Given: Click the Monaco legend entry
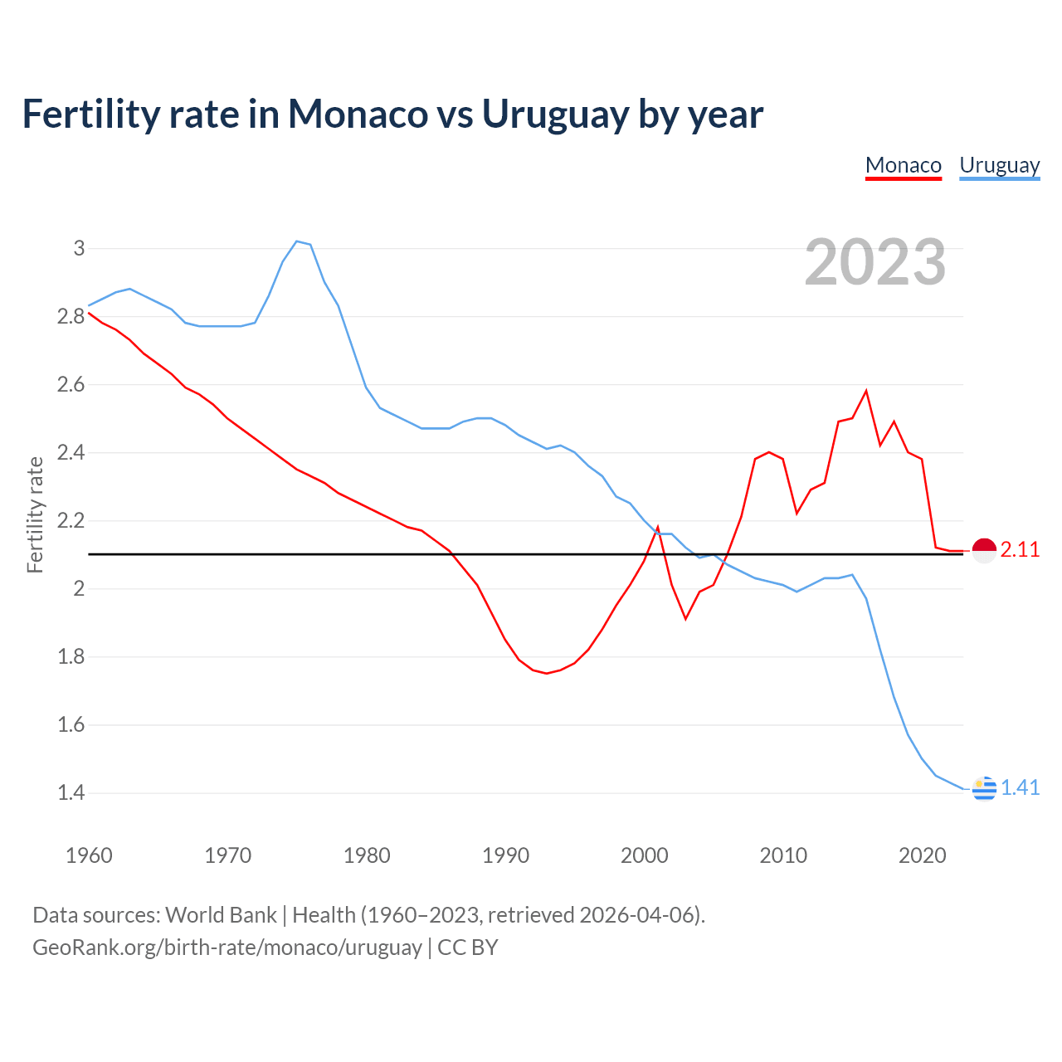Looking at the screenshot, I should [903, 165].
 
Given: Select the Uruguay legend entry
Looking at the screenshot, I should [999, 165].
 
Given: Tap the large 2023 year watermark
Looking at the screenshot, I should [875, 262].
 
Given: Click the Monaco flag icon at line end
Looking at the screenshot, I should [984, 550].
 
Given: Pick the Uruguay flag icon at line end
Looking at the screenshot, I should [984, 788].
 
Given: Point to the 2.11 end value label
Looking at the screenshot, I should [1020, 550].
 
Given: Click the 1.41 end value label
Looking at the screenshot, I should [1020, 788].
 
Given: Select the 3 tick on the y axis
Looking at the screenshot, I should [80, 248].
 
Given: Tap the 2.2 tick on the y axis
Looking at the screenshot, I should [71, 521].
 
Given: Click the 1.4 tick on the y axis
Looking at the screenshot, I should [71, 793].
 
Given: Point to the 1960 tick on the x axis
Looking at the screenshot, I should [89, 855].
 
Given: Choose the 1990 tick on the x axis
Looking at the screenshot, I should [505, 855].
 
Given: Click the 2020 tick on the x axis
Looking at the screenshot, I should [922, 855].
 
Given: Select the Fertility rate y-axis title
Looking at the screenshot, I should [35, 514].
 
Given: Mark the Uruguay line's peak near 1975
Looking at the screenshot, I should [297, 241].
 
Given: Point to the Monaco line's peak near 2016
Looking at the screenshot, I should [866, 391].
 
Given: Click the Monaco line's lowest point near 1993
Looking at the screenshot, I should [546, 673].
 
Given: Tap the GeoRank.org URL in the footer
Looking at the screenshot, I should [227, 948].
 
